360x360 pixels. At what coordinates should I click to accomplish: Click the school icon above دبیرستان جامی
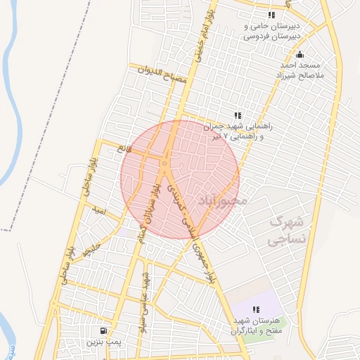tap(271, 15)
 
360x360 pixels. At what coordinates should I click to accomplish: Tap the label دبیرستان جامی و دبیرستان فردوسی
tap(273, 30)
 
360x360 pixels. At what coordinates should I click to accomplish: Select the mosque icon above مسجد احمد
tap(300, 55)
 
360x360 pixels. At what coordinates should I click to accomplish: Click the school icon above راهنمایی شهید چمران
tap(238, 115)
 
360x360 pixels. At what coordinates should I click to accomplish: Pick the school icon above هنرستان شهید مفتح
tap(256, 309)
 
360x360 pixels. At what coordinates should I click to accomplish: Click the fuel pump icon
tap(103, 330)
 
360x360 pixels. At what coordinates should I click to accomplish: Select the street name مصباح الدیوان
tap(162, 75)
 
